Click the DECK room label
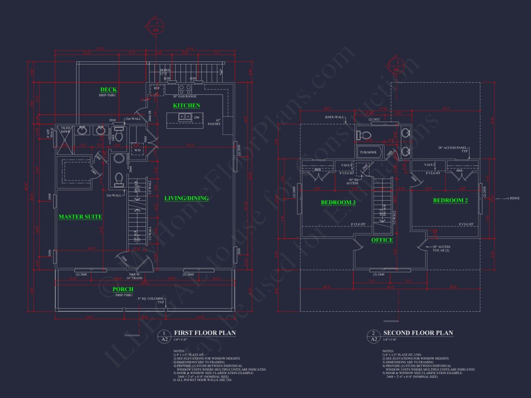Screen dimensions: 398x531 108,90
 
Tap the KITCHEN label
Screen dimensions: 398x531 186,106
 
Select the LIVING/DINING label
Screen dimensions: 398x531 186,199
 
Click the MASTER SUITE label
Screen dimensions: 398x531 81,217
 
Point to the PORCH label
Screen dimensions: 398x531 123,290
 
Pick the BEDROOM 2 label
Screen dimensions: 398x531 450,201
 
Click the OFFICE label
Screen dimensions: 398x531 382,240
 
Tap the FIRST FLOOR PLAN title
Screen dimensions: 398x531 205,333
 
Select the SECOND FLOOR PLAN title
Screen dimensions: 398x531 418,333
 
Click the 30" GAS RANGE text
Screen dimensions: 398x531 185,96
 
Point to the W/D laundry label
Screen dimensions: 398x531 138,150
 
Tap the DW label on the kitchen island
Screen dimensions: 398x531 197,117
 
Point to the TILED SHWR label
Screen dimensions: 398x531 66,130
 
